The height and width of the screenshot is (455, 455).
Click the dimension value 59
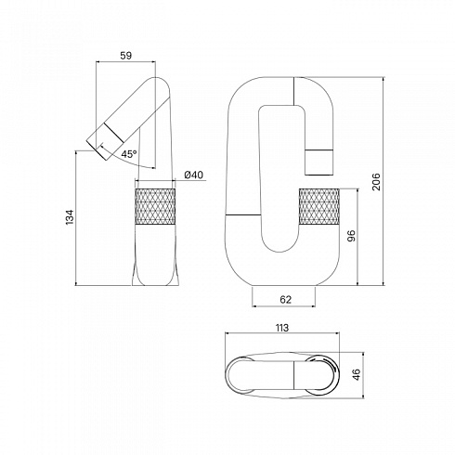pos(125,56)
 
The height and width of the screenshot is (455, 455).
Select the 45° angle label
pos(129,154)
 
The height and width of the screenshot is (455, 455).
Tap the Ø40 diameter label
pos(194,175)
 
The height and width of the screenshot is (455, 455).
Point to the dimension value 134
pos(70,217)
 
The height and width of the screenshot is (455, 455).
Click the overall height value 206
pos(376,182)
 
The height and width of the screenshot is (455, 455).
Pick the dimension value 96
pos(351,236)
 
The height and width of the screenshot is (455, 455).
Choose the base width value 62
pos(285,299)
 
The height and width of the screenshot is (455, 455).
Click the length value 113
pos(281,328)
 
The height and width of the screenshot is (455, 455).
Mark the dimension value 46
pos(357,374)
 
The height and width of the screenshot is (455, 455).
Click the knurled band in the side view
pos(155,206)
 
